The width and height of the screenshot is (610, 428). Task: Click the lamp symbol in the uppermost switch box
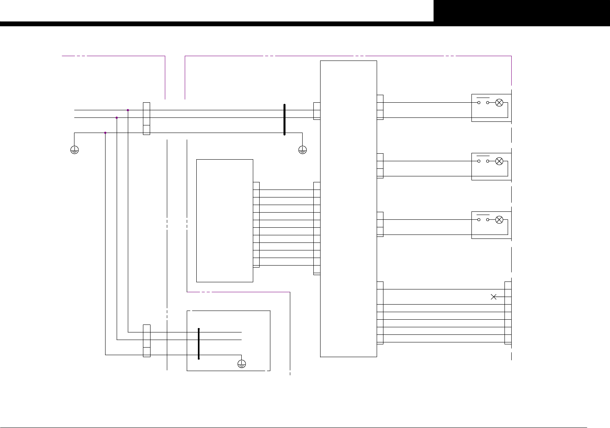(x=499, y=103)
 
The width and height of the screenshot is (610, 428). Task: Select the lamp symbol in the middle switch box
(x=499, y=161)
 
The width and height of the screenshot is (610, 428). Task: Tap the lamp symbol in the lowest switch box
(x=499, y=220)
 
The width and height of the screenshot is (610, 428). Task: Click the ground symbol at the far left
(x=74, y=150)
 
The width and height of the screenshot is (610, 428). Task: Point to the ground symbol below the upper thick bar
(x=302, y=150)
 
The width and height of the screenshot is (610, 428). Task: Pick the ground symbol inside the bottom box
(x=241, y=364)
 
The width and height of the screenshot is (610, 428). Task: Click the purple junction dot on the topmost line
(x=128, y=110)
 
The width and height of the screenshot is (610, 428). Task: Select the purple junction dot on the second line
(x=117, y=117)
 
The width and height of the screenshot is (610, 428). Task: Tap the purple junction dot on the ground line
(x=105, y=133)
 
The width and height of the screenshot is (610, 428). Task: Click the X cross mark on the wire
(x=493, y=297)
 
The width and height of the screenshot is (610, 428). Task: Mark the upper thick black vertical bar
(x=284, y=119)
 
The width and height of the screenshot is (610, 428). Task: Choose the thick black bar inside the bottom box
(x=199, y=344)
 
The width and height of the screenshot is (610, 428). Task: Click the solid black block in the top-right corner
(x=522, y=11)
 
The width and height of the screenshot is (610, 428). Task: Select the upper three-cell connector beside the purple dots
(x=147, y=119)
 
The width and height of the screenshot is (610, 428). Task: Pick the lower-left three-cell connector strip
(x=147, y=341)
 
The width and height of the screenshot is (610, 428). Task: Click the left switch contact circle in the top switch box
(x=479, y=103)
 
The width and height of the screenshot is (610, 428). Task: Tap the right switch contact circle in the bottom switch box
(x=487, y=220)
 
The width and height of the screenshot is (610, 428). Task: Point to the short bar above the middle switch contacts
(x=483, y=156)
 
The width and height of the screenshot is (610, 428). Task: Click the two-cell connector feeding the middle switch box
(x=380, y=166)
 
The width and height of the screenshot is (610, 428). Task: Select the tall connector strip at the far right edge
(x=508, y=313)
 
